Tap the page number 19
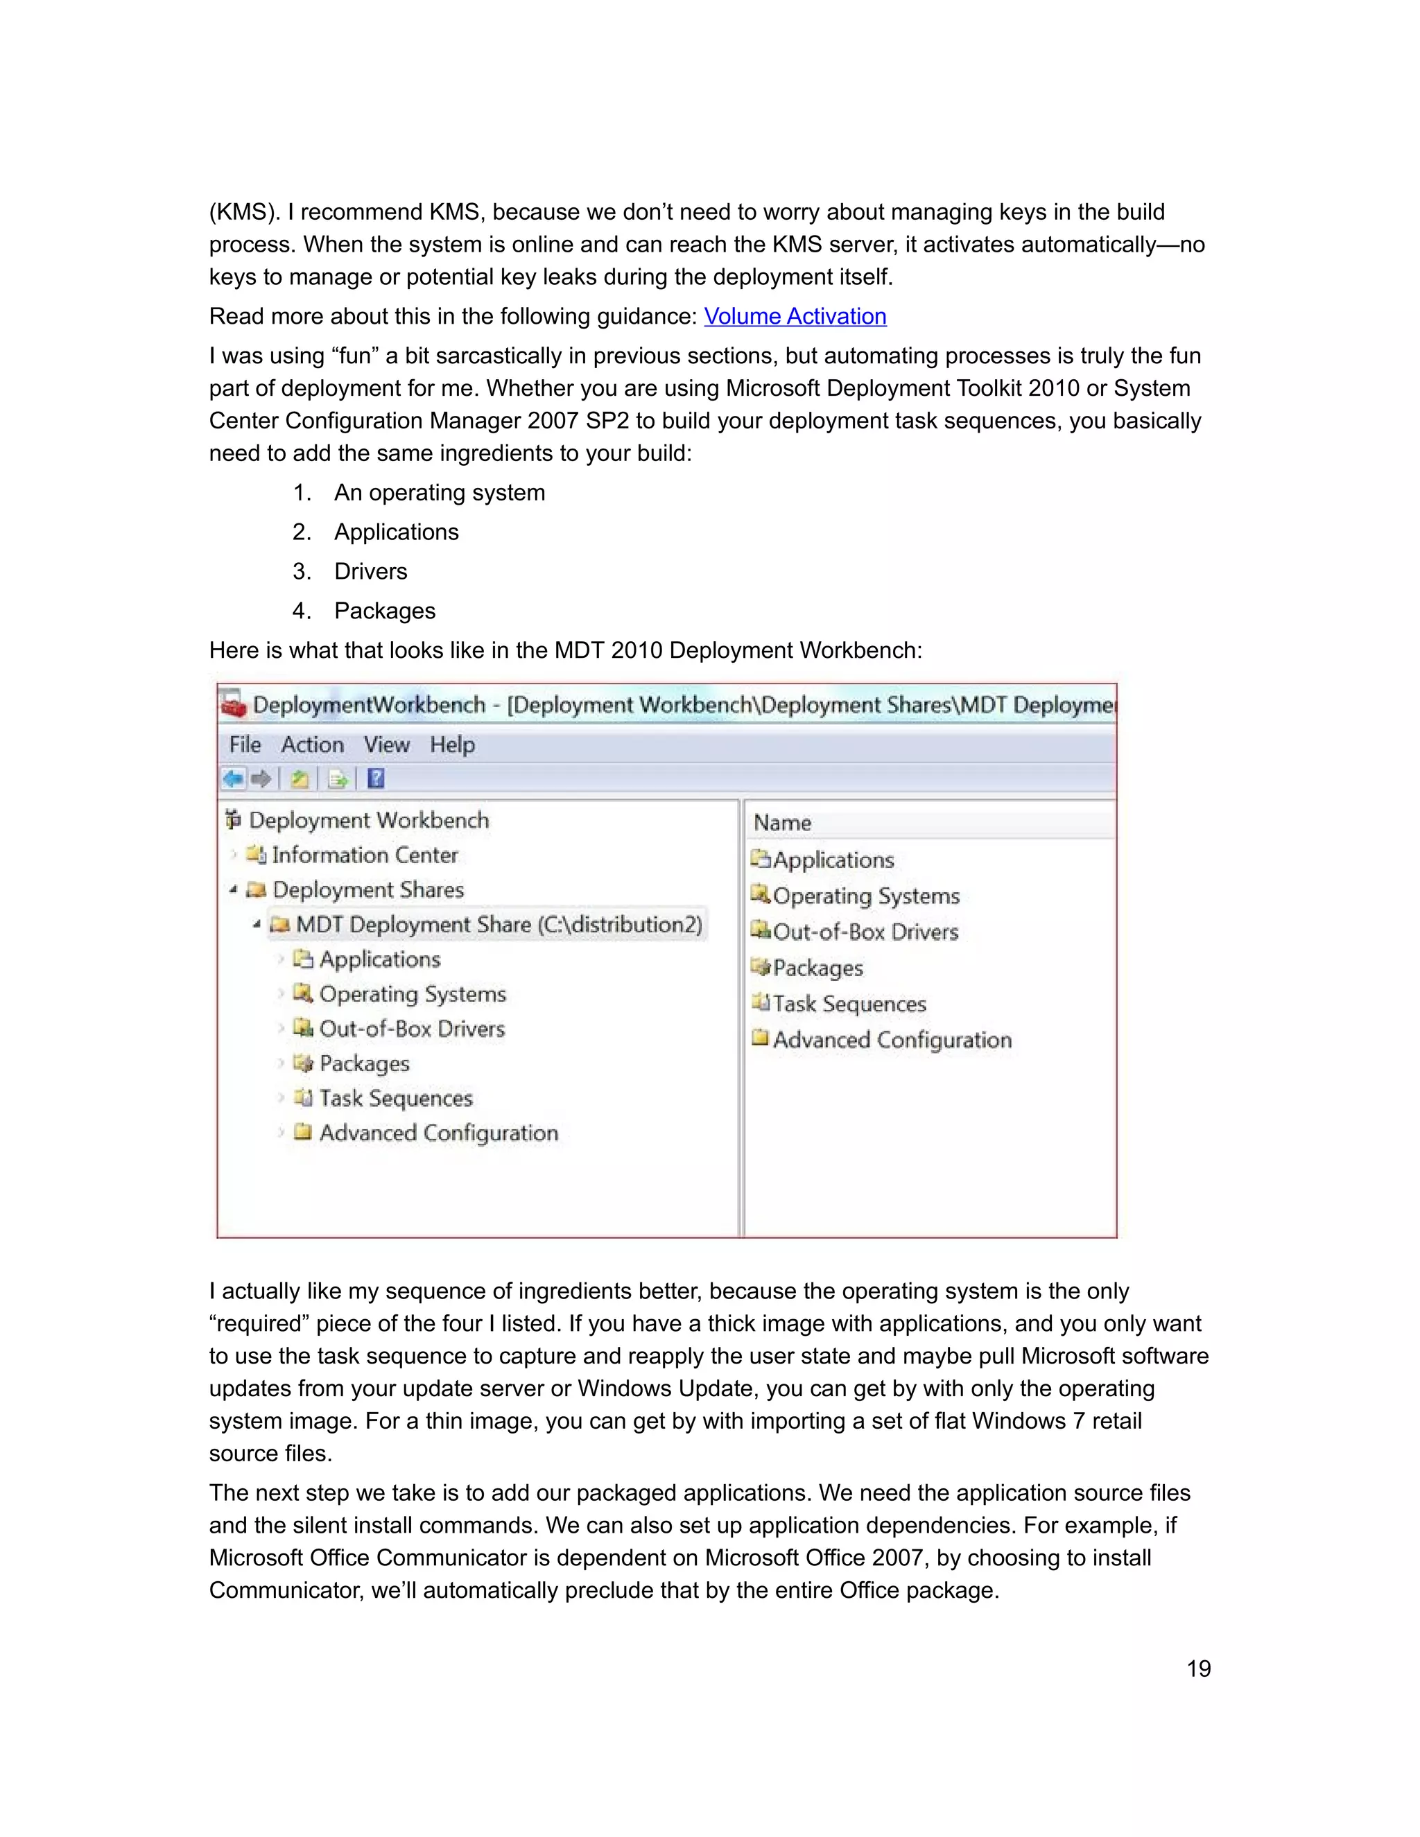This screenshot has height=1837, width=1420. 1198,1669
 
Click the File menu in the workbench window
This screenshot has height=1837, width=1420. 245,745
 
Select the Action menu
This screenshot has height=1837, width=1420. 312,745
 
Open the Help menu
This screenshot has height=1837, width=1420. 452,745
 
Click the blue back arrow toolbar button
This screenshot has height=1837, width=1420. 233,779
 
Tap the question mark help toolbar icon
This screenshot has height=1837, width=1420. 376,779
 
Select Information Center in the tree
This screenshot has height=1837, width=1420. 364,855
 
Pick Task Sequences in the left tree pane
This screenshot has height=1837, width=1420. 395,1099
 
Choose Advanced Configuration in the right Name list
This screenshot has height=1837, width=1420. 892,1041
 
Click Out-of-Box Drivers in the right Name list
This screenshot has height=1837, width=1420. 865,932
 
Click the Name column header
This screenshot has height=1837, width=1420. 782,823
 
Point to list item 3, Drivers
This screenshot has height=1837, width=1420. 370,572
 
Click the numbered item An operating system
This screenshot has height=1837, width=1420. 439,493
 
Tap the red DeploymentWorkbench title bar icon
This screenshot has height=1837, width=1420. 233,705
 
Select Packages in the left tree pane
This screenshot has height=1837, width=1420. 363,1064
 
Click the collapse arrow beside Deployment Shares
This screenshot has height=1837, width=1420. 233,890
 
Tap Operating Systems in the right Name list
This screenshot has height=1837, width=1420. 865,896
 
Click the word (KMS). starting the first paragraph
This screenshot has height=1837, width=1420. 245,212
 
